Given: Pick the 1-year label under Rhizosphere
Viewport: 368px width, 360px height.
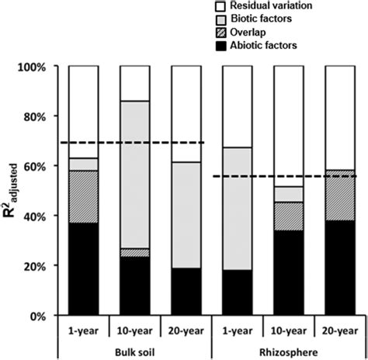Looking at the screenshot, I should pyautogui.click(x=238, y=327).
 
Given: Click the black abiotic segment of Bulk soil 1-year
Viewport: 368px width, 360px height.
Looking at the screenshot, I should pyautogui.click(x=84, y=269).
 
